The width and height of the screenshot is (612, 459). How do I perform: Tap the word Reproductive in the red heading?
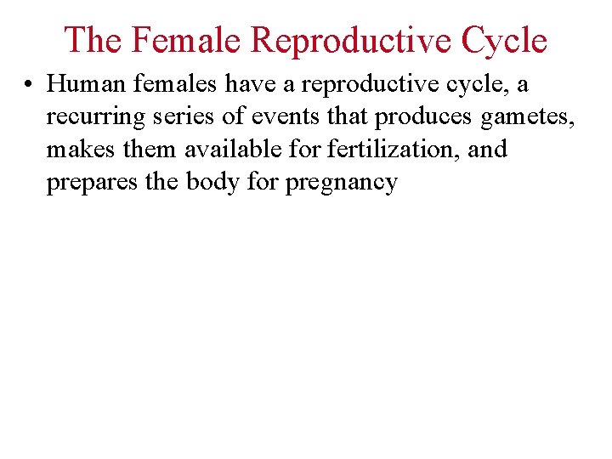[355, 40]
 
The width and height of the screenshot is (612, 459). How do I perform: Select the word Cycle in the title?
[503, 40]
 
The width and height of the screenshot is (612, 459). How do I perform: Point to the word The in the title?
[93, 40]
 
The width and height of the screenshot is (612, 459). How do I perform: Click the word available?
[225, 150]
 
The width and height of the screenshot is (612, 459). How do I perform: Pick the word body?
[203, 183]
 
